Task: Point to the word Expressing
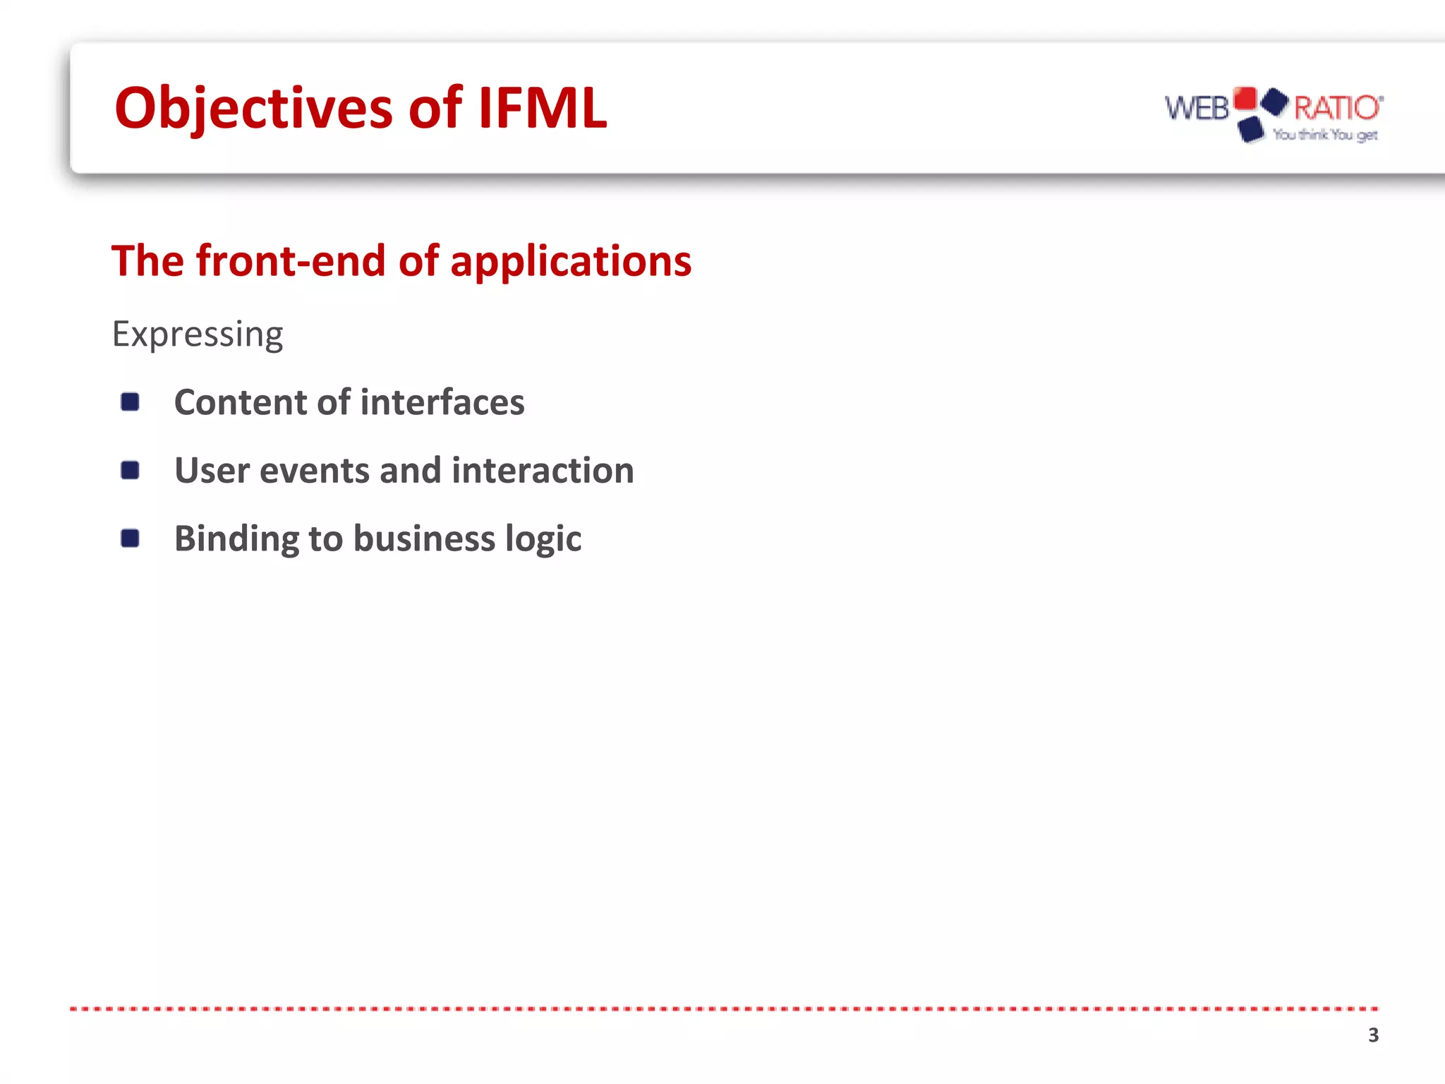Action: pos(198,335)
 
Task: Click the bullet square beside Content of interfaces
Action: pos(130,402)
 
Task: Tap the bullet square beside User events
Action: pos(130,470)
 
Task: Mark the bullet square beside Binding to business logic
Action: pos(130,538)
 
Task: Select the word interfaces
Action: pos(442,402)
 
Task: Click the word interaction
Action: pos(543,471)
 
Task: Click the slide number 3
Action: pos(1373,1035)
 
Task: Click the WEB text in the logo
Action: pos(1197,109)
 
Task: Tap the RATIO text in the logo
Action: pos(1336,108)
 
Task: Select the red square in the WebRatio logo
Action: pos(1245,99)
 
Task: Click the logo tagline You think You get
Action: pos(1325,135)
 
